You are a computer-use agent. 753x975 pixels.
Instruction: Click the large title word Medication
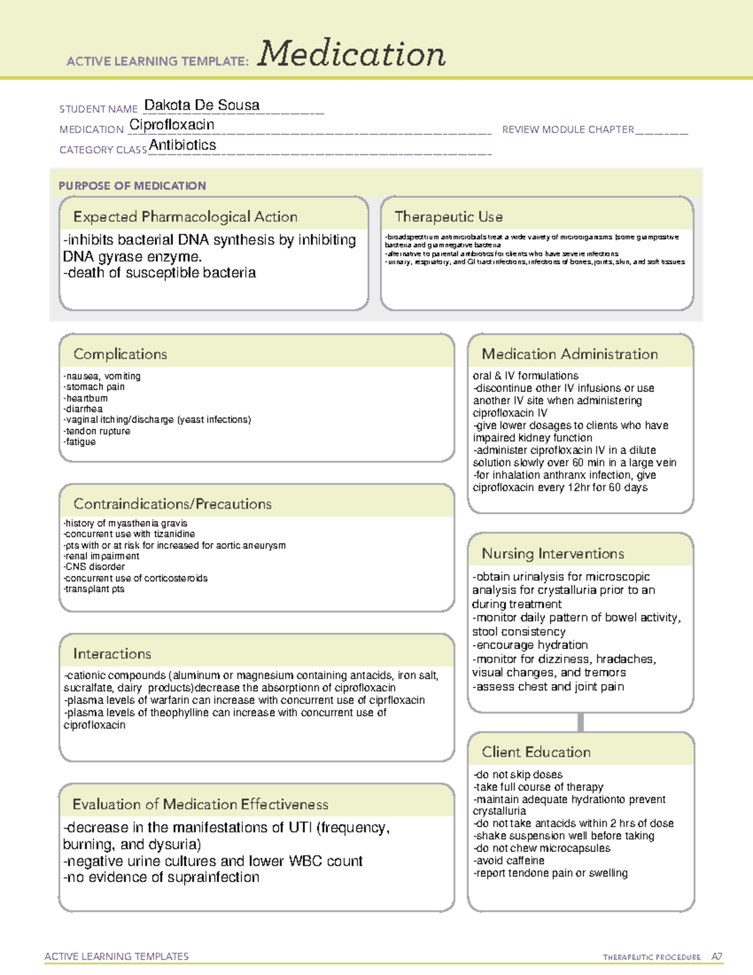[x=351, y=54]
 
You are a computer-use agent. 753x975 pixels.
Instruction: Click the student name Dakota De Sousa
[x=201, y=105]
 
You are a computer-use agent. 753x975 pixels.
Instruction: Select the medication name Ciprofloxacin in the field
[x=171, y=125]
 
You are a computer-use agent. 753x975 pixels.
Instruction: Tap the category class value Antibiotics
[x=182, y=145]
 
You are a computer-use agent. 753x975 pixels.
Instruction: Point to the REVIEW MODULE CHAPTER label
[x=567, y=129]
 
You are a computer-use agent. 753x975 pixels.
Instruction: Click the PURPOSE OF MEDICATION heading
[x=132, y=186]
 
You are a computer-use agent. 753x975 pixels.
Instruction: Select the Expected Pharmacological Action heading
[x=185, y=217]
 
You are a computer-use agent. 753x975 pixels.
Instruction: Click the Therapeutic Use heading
[x=448, y=217]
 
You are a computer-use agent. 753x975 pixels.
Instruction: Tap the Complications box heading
[x=120, y=354]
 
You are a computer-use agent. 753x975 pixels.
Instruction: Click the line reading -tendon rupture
[x=97, y=431]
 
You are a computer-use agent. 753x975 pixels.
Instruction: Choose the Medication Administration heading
[x=569, y=354]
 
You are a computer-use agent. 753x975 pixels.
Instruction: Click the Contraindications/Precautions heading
[x=172, y=504]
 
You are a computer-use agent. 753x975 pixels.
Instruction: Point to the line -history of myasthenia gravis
[x=125, y=523]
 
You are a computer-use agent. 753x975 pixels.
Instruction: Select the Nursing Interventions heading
[x=552, y=554]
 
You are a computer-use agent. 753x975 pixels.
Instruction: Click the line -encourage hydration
[x=530, y=645]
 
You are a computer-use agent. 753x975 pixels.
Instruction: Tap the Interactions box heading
[x=112, y=654]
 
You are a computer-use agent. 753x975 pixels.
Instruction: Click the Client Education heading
[x=535, y=752]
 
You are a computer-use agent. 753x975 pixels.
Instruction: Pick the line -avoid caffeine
[x=508, y=861]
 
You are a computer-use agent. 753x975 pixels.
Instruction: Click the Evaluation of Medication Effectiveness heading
[x=200, y=804]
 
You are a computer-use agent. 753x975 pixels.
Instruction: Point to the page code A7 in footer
[x=716, y=957]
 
